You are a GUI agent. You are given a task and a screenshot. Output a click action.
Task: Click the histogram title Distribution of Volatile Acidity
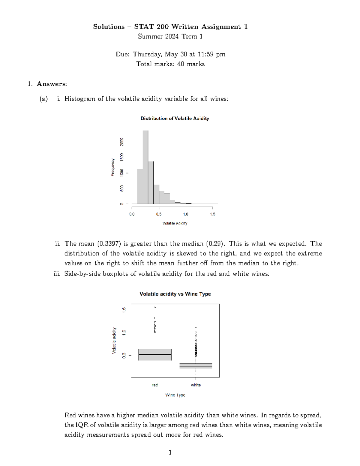tap(175, 119)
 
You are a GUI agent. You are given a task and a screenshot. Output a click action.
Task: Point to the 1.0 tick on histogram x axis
tap(186, 214)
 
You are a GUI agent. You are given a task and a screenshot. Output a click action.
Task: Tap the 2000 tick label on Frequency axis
tap(122, 142)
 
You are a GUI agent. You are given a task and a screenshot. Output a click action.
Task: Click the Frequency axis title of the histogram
tap(112, 167)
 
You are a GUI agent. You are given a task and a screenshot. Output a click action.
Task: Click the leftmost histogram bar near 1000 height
tap(140, 186)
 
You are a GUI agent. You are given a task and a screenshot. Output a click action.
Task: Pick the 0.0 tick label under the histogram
tap(132, 214)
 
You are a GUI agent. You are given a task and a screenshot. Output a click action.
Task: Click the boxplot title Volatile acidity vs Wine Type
tap(175, 294)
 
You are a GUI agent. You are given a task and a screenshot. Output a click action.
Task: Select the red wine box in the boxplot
tap(155, 355)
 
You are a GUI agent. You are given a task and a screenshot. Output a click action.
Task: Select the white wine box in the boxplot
tap(196, 366)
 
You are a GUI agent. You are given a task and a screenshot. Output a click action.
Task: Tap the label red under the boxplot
tap(155, 385)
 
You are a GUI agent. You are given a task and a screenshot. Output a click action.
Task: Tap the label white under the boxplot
tap(196, 385)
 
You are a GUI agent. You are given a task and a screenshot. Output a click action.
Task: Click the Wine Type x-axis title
tap(175, 395)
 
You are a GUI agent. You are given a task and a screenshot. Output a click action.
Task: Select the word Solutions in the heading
tap(109, 27)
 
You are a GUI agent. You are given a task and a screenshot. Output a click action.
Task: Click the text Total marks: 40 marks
tap(170, 64)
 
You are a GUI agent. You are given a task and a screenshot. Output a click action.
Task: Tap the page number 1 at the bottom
tap(170, 452)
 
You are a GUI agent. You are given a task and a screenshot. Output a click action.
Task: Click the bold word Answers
tap(52, 84)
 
